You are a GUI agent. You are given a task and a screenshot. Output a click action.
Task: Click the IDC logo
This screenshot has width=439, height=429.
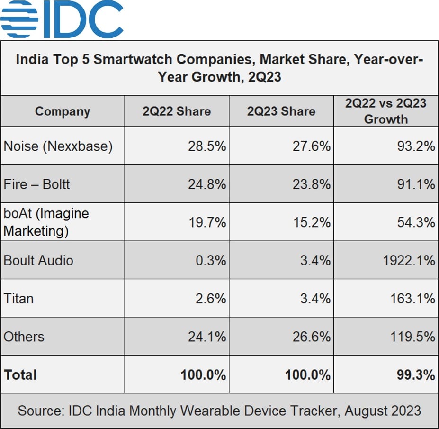[62, 19]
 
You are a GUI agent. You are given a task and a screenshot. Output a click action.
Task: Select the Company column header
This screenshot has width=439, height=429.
[62, 111]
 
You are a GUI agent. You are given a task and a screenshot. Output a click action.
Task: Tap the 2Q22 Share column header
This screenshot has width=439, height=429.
[177, 111]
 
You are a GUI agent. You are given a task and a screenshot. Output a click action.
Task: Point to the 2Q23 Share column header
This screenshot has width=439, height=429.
[281, 111]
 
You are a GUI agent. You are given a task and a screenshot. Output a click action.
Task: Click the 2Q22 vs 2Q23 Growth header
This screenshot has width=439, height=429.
[385, 111]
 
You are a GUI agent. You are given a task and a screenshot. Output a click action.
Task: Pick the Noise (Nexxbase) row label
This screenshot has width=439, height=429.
[58, 146]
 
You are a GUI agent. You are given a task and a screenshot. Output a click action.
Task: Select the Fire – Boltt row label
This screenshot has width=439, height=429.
[36, 184]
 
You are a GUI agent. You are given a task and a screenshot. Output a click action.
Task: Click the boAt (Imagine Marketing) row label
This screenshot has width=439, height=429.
[46, 222]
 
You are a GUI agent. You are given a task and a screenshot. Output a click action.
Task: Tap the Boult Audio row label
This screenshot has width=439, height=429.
[38, 260]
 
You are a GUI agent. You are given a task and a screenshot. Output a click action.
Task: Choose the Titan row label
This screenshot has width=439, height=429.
[18, 299]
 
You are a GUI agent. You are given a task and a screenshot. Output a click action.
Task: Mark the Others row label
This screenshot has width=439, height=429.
[24, 337]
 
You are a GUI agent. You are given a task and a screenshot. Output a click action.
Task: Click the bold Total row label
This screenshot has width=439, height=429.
[20, 375]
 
